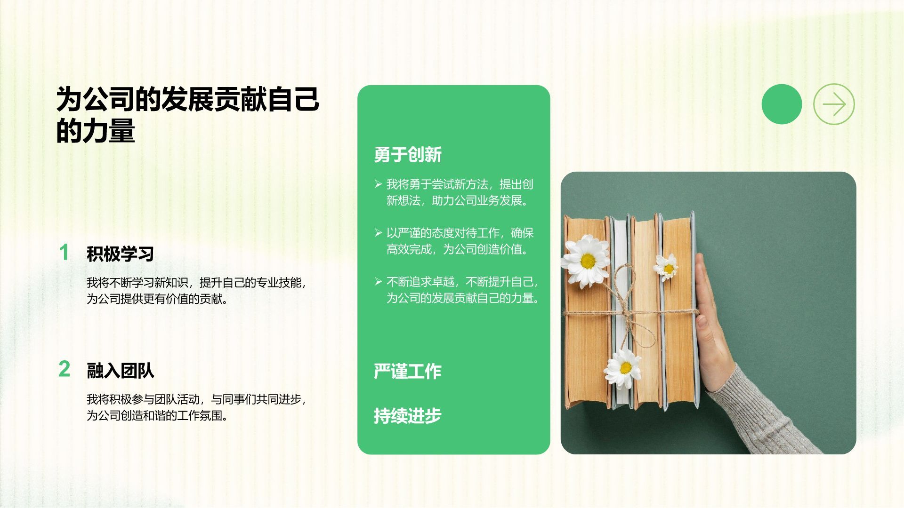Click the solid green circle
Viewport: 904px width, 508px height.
(x=782, y=104)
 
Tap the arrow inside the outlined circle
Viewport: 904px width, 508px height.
(x=834, y=104)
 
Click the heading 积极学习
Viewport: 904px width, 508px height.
(x=120, y=254)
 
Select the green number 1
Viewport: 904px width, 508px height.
(x=64, y=253)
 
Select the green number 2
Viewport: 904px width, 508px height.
(x=64, y=369)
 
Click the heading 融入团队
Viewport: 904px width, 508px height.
(x=120, y=371)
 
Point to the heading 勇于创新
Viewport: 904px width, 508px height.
(x=408, y=155)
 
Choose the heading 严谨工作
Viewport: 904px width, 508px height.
(x=408, y=372)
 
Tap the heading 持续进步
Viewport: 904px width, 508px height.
(x=408, y=416)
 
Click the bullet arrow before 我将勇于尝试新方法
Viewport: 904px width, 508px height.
(x=378, y=184)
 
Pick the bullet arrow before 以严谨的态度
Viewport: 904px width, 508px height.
(x=378, y=233)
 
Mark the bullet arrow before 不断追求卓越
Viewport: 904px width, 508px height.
(x=378, y=282)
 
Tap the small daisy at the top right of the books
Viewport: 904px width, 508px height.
(x=667, y=267)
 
